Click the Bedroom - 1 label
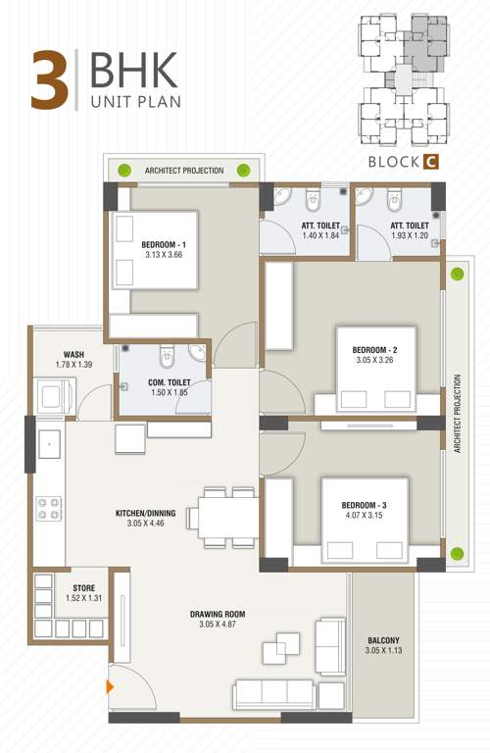click(163, 244)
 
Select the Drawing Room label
click(218, 615)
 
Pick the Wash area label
click(73, 354)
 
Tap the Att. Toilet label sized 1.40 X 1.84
click(319, 225)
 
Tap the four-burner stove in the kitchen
click(49, 508)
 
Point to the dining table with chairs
click(220, 514)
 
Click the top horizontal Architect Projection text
click(184, 171)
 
